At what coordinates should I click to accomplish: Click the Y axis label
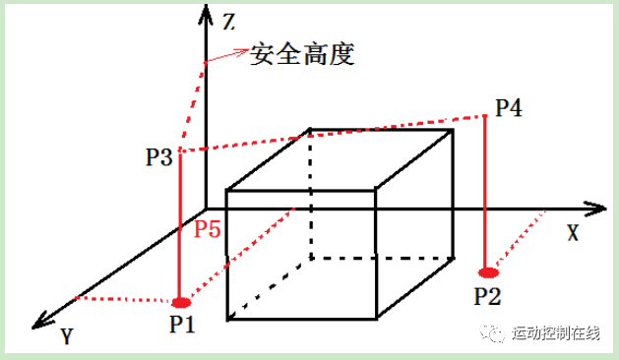[x=66, y=337]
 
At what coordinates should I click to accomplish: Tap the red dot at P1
[x=180, y=302]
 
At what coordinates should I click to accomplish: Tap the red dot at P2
[x=488, y=272]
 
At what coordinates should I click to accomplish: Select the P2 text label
[x=489, y=294]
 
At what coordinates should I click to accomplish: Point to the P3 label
[x=159, y=156]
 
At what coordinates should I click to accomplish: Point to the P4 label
[x=508, y=107]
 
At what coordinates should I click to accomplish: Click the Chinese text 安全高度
[x=302, y=54]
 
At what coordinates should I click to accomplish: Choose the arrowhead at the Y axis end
[x=40, y=319]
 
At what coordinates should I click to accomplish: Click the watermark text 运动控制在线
[x=555, y=334]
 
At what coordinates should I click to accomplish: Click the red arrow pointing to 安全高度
[x=227, y=56]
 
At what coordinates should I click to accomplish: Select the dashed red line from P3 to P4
[x=335, y=134]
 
